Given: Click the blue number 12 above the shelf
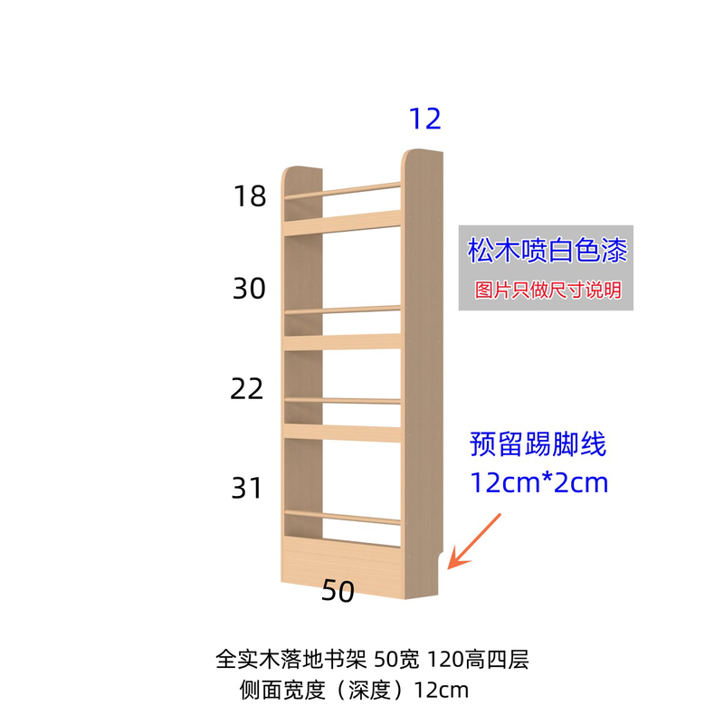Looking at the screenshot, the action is click(x=424, y=119).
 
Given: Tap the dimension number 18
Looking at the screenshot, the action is click(x=250, y=195).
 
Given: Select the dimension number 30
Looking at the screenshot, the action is click(x=249, y=290).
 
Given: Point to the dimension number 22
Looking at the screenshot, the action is click(x=248, y=389).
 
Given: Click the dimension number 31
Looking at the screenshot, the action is click(x=248, y=489).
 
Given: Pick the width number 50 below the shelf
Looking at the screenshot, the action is click(x=337, y=592).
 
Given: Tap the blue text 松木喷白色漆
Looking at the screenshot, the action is click(x=547, y=251).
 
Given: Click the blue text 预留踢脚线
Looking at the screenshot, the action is click(x=538, y=445).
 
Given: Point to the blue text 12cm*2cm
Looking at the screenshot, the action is click(x=539, y=482).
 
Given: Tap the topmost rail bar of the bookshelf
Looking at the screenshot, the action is click(x=342, y=190).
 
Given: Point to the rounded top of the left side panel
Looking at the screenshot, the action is click(x=302, y=172).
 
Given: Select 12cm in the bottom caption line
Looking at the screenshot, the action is click(x=442, y=691).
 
